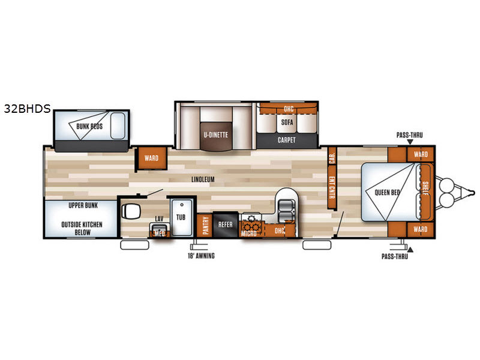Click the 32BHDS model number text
(27, 109)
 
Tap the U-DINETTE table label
(216, 134)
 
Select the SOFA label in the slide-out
(287, 122)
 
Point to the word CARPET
(287, 140)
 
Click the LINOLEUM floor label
(203, 179)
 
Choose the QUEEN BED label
(387, 192)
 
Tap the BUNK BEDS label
(89, 126)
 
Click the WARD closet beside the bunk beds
(152, 158)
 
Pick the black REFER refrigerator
(226, 224)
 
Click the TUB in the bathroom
(181, 217)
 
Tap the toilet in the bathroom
(131, 211)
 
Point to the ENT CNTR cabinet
(332, 187)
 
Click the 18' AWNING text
(201, 256)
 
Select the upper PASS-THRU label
(410, 135)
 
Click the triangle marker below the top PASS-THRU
(410, 142)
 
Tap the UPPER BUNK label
(83, 205)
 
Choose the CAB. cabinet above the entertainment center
(332, 156)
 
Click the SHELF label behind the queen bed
(425, 188)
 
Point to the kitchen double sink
(287, 212)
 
